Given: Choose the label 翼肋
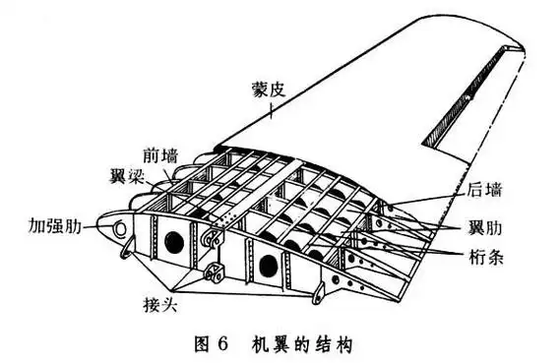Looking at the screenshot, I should pos(482,229).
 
